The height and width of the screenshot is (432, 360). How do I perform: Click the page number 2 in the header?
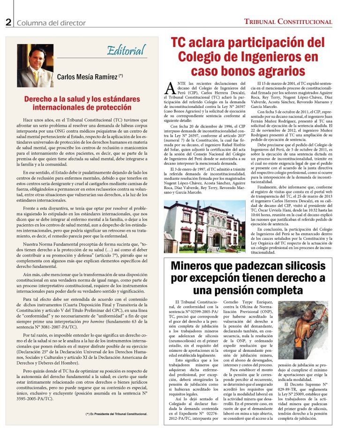pyautogui.click(x=8, y=22)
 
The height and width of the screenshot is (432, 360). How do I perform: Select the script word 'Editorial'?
pyautogui.click(x=125, y=49)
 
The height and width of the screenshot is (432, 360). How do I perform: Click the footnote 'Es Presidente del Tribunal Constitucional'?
pyautogui.click(x=117, y=414)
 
